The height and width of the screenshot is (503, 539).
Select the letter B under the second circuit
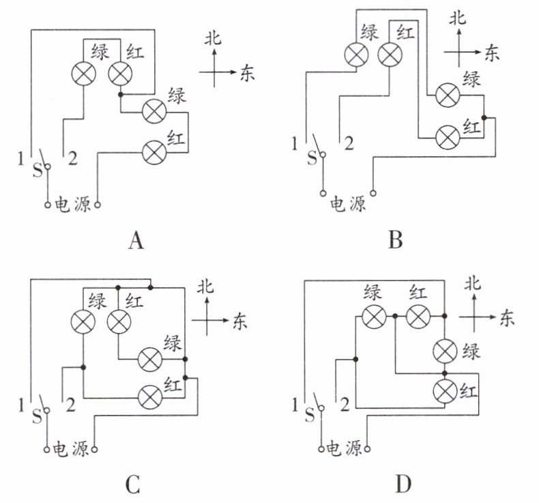click(x=395, y=240)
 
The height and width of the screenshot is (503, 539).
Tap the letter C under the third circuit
click(x=132, y=485)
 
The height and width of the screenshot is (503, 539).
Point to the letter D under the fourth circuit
click(x=403, y=485)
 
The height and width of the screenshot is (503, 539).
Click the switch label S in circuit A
click(x=37, y=169)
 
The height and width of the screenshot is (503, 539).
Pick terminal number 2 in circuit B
click(x=349, y=143)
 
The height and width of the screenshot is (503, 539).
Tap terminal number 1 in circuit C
click(x=21, y=405)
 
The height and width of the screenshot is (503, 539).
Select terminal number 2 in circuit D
click(x=345, y=404)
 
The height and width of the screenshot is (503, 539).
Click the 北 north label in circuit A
click(x=213, y=38)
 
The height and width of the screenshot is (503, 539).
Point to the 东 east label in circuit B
click(x=492, y=53)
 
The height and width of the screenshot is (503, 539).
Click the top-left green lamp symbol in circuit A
click(x=83, y=74)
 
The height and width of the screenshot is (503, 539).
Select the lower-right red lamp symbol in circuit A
click(x=154, y=152)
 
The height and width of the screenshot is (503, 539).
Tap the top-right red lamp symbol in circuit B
click(x=390, y=55)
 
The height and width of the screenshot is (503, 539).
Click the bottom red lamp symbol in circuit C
click(x=150, y=397)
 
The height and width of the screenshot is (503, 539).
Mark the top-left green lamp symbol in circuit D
click(x=374, y=316)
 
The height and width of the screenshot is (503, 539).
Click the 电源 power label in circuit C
click(x=71, y=449)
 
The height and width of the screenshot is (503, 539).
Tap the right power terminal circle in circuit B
click(x=373, y=193)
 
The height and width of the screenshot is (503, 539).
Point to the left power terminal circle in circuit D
click(x=321, y=448)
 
